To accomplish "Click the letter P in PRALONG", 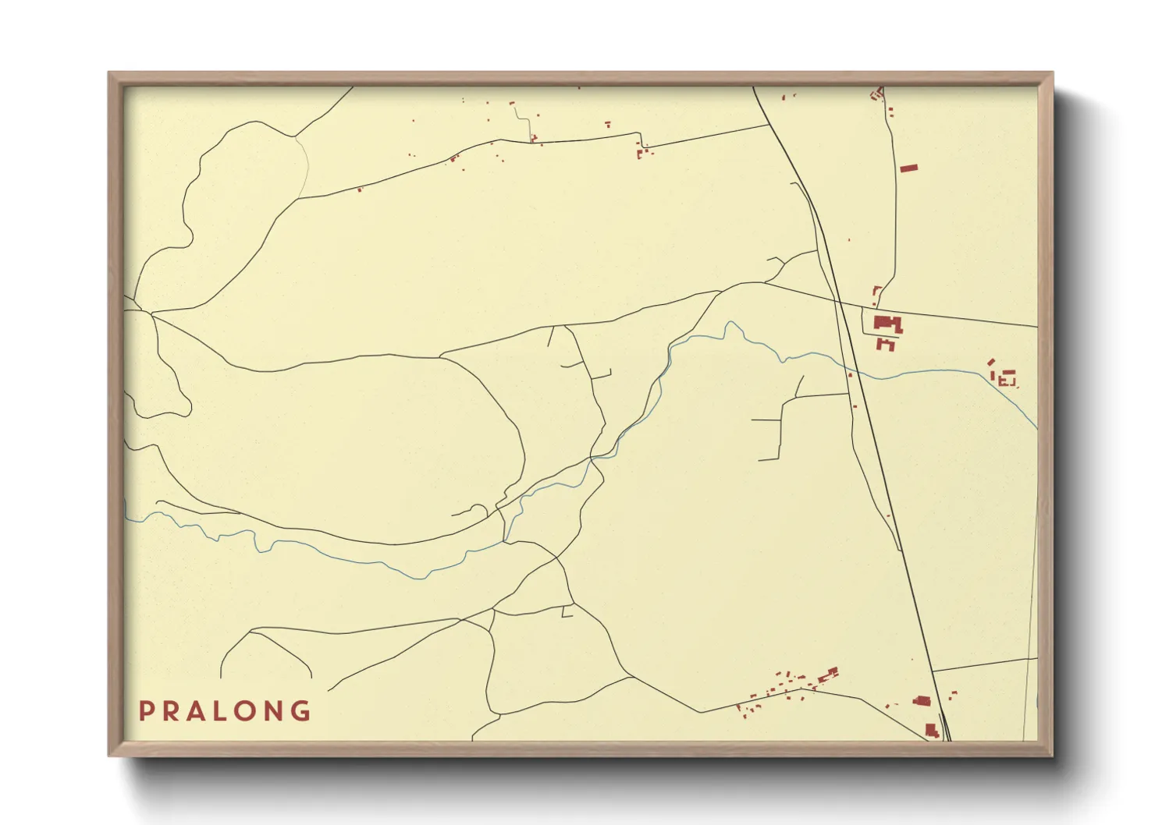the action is click(x=144, y=711).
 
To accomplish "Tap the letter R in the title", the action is click(x=169, y=711).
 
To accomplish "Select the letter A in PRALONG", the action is click(x=195, y=711).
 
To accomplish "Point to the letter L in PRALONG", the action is click(x=220, y=711).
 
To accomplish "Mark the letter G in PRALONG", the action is click(x=300, y=711).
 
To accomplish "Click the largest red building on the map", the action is click(x=887, y=324).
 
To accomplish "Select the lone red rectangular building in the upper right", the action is click(x=908, y=168).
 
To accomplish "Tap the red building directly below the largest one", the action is click(x=886, y=343).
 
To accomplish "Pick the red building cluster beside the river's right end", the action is click(x=1005, y=377).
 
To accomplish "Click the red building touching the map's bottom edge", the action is click(x=931, y=731).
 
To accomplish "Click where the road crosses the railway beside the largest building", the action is click(x=838, y=301).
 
